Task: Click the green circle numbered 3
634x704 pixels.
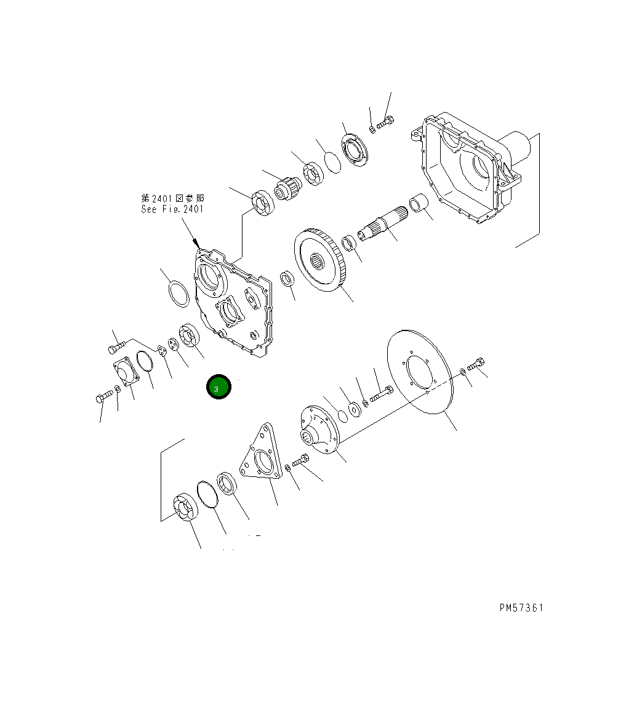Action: point(217,387)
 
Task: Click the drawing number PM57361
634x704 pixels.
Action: point(521,607)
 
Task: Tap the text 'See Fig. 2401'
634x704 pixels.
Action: point(172,209)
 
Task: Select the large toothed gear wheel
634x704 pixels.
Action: point(320,260)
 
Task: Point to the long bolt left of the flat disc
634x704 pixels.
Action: point(382,393)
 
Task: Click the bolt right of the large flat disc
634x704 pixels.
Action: point(476,365)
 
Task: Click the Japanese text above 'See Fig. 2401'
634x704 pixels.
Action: point(172,198)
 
